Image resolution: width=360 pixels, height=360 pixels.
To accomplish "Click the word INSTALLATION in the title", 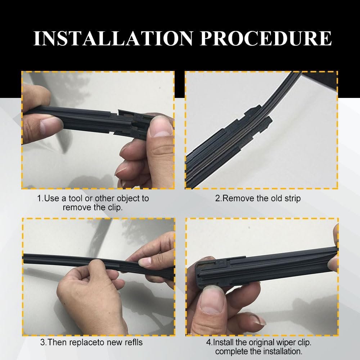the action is pos(113,38).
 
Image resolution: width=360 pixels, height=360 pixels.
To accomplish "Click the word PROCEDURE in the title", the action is pos(266,38).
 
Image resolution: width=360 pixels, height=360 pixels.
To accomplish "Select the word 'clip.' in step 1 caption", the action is pos(115,208).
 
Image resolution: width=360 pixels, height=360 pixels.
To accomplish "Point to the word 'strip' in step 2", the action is pos(292,199).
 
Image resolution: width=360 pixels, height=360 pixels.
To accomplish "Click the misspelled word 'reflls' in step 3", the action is pos(134,342).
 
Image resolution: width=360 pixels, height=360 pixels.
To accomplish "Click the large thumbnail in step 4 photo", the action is pos(213,301).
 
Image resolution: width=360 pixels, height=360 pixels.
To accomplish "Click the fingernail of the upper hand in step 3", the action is pos(145,262).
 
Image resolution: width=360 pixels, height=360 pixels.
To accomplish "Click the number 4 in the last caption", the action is pos(208,342).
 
